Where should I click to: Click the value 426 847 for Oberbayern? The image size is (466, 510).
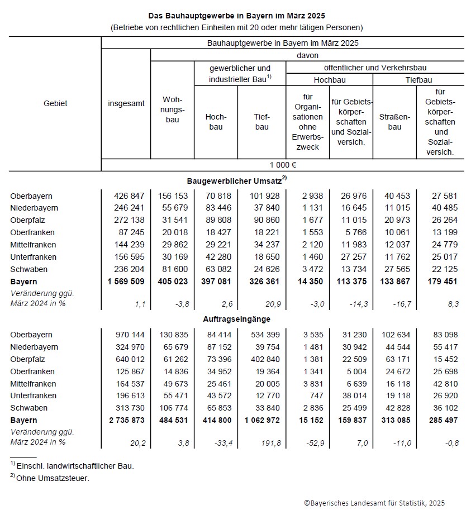pos(126,196)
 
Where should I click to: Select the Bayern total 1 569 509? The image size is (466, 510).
pos(126,281)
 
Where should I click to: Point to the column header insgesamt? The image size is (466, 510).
pos(126,103)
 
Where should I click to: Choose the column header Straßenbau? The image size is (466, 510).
pos(394,122)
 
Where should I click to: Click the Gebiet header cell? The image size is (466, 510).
pos(55,103)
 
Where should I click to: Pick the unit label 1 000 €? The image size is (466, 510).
pos(282,164)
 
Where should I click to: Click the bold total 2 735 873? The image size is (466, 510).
pos(126,420)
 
